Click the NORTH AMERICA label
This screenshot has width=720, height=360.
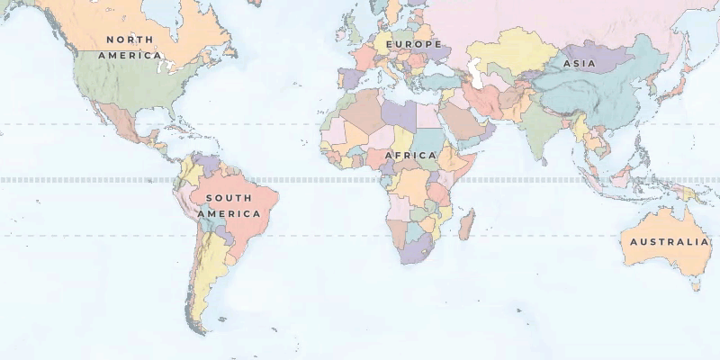[x=130, y=47]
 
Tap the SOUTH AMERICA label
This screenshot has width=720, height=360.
[x=233, y=206]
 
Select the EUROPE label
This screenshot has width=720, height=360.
[x=414, y=44]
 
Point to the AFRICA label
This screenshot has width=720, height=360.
[x=410, y=155]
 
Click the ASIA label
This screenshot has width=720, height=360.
[x=579, y=64]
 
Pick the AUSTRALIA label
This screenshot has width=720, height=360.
[x=669, y=242]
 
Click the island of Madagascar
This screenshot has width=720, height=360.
[x=466, y=223]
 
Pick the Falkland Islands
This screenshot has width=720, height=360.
[x=221, y=319]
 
